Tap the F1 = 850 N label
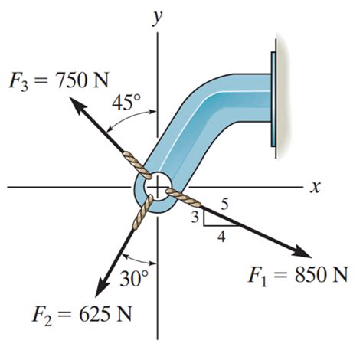point(299,273)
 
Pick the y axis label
point(158,18)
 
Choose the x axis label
point(313,186)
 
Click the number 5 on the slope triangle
point(224,205)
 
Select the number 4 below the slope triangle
point(221,237)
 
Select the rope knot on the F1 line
point(184,198)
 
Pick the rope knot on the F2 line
point(141,214)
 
